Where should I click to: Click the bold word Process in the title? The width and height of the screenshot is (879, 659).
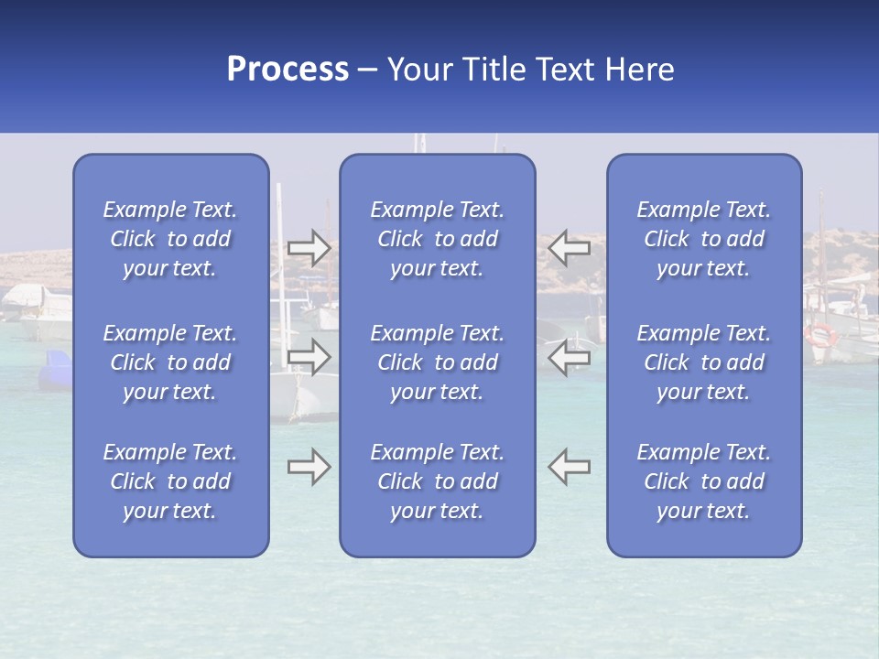coord(288,70)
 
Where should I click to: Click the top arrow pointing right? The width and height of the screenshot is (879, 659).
coord(309,248)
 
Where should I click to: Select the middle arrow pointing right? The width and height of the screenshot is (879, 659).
coord(309,357)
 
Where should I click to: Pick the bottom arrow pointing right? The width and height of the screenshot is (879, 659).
coord(309,467)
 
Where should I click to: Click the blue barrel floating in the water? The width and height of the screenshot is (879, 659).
coord(55,370)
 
